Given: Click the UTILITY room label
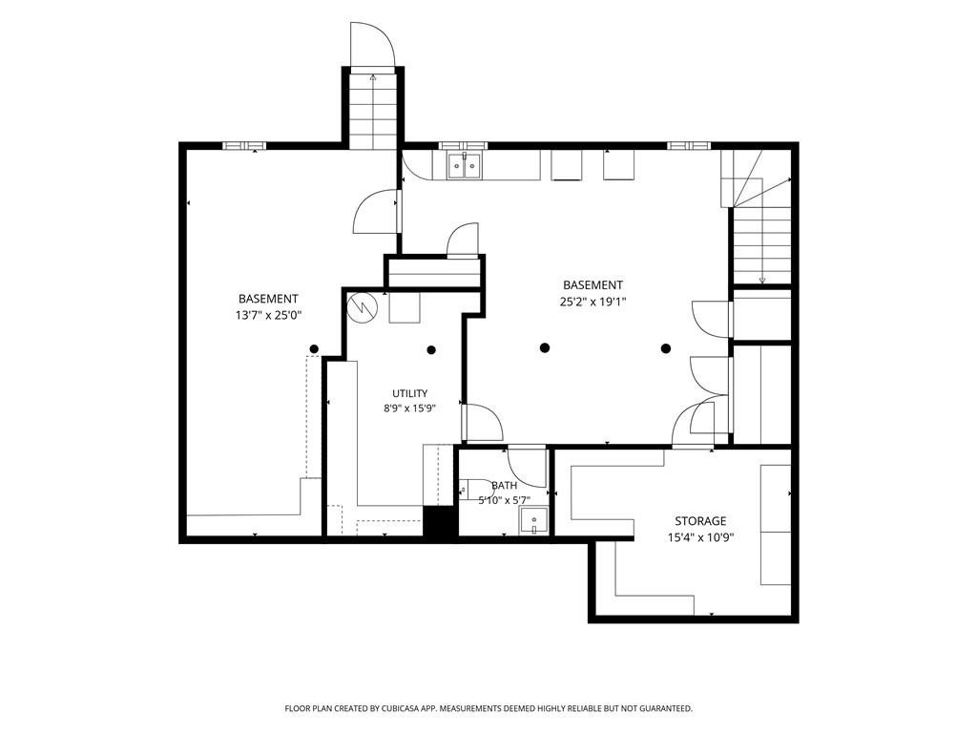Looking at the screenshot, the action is (410, 393).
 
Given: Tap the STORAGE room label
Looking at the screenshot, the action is (700, 521).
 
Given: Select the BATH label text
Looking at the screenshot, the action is (504, 486).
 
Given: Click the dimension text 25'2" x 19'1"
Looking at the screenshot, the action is (592, 303).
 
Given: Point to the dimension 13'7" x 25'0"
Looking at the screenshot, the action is (268, 315).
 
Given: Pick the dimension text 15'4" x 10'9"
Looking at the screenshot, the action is (701, 537).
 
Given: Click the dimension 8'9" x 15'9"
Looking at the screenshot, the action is (409, 408).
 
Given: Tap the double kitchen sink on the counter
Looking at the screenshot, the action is (465, 165).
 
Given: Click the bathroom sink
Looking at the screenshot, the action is (534, 521).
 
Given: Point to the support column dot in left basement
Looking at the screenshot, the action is (315, 348).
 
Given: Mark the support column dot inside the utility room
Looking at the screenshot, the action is (431, 349).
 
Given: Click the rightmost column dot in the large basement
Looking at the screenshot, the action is (666, 347).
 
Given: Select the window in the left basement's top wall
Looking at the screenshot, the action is (244, 146).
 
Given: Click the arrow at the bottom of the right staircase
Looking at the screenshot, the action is (762, 281).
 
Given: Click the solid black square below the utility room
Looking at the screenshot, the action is (440, 521).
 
